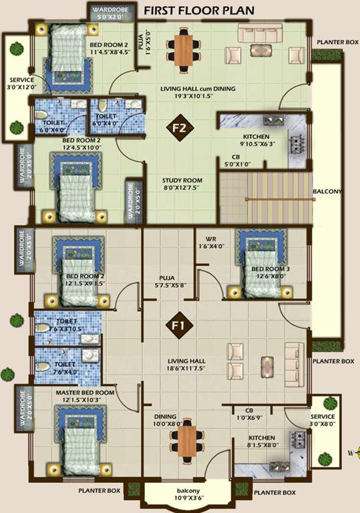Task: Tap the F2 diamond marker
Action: coord(180,127)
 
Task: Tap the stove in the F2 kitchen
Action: coord(295,143)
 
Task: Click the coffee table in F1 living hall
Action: coord(267,365)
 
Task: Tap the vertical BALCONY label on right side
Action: coord(327,192)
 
